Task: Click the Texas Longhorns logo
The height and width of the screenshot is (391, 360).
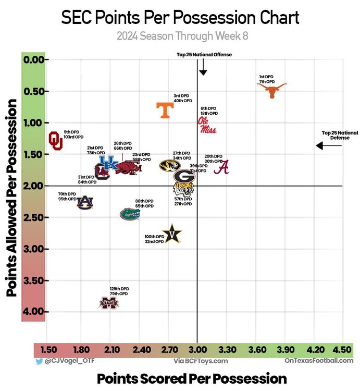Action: [271, 90]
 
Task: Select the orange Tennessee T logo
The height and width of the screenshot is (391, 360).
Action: [166, 110]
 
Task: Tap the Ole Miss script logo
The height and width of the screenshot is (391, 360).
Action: [207, 125]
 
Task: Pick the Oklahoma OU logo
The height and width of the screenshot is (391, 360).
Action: [55, 141]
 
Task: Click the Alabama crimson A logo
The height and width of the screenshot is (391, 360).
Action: [221, 167]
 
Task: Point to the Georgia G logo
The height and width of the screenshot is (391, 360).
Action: [184, 177]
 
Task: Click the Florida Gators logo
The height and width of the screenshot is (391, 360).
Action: [130, 214]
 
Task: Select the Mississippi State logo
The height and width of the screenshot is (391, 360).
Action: [109, 303]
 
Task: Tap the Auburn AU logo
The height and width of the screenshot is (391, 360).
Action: [85, 202]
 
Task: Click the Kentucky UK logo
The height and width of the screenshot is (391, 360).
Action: [109, 163]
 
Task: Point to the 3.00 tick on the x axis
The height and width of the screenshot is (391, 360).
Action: [197, 349]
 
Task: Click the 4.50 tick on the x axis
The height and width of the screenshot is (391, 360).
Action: [342, 349]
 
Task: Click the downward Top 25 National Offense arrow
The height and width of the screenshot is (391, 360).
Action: [203, 67]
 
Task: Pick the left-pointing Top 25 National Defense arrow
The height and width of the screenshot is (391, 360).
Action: [329, 145]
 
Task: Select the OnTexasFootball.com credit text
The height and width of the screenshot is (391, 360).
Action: [318, 361]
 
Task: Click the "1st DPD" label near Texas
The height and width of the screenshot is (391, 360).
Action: [266, 77]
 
